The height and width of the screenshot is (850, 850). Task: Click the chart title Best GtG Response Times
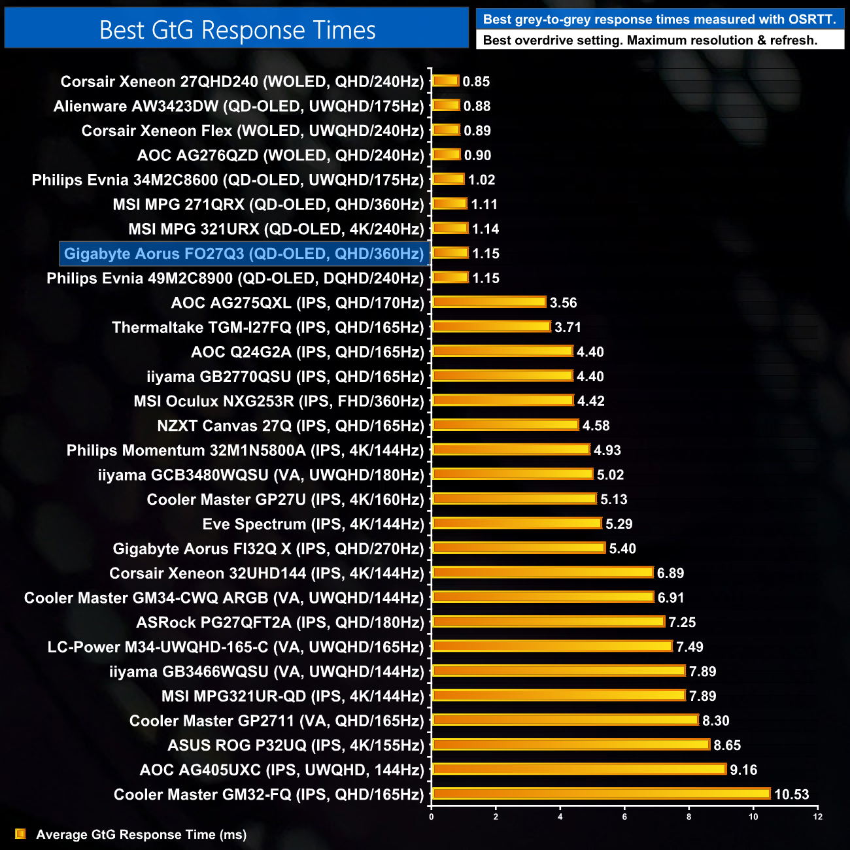click(237, 30)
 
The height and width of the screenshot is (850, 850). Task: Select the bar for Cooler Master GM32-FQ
click(602, 794)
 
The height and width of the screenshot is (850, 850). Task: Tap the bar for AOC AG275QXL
click(489, 302)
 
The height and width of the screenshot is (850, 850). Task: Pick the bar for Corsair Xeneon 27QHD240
click(446, 81)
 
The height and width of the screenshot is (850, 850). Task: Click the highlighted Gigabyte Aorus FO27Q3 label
click(244, 254)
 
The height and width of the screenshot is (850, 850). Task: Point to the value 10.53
click(791, 794)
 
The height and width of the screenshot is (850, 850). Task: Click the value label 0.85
click(476, 82)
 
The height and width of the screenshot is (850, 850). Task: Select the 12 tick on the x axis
click(817, 817)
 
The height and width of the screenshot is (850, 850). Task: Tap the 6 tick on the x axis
click(624, 817)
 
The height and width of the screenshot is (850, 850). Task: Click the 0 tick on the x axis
click(431, 817)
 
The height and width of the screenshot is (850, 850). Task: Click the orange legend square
click(20, 834)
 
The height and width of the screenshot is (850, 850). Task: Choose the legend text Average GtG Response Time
click(141, 834)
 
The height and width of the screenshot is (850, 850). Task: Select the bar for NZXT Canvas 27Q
click(505, 425)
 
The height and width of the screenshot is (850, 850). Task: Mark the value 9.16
click(743, 770)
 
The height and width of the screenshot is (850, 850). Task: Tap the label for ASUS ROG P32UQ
click(296, 745)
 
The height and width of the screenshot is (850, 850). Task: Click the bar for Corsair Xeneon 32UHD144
click(543, 573)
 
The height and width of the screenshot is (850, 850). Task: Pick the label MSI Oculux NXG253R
click(279, 401)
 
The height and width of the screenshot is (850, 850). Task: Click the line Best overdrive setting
click(649, 41)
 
